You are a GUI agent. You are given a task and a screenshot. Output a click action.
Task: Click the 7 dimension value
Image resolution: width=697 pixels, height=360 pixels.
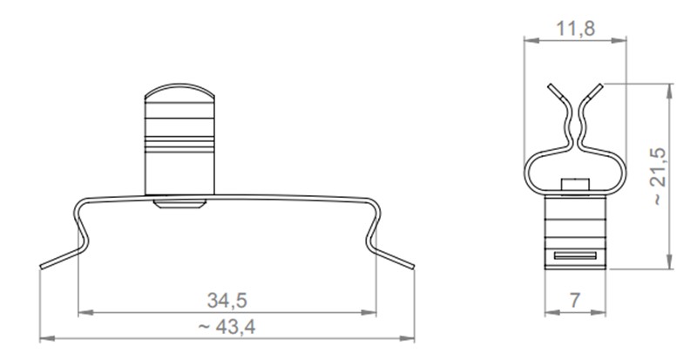pyautogui.click(x=574, y=301)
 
